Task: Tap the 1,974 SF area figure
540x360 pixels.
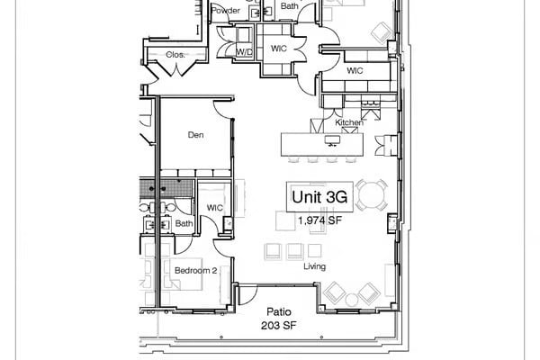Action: tap(319, 219)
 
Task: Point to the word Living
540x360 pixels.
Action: tap(314, 267)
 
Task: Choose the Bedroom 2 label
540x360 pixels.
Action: tap(195, 270)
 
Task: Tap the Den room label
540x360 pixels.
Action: tap(194, 135)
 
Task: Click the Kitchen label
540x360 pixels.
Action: tap(348, 122)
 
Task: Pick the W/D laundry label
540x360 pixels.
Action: tap(244, 52)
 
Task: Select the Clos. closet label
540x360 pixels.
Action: tap(175, 55)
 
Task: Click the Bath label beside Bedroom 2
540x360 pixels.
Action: tap(184, 223)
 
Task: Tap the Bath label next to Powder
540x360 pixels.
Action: tap(289, 6)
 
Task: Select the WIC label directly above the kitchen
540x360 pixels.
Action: tap(355, 69)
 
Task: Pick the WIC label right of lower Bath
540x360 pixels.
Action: tap(214, 208)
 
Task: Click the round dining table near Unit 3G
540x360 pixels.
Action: tap(373, 194)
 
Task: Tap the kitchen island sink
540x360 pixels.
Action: tap(332, 139)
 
